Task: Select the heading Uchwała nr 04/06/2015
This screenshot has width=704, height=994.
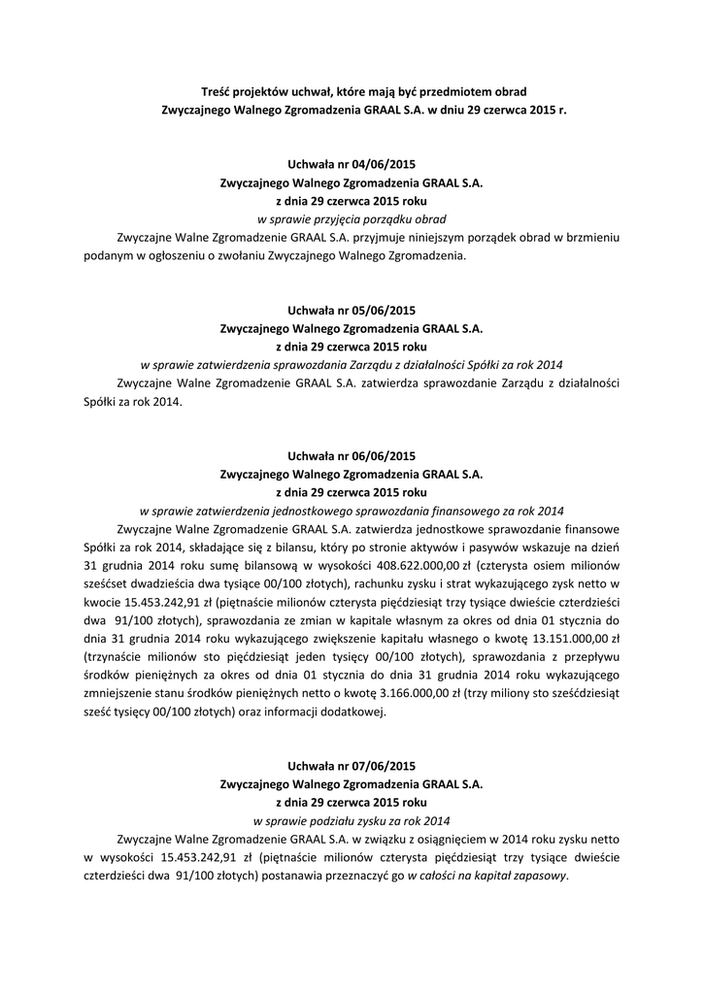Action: click(x=352, y=164)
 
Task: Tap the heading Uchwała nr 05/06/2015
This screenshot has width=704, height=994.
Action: click(x=352, y=310)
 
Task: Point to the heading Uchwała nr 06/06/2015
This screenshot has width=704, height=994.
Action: click(x=352, y=455)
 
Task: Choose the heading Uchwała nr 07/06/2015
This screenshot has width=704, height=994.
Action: click(x=352, y=765)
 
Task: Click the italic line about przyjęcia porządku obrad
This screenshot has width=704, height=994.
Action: click(x=352, y=219)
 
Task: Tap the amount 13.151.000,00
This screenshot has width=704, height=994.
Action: click(x=561, y=639)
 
